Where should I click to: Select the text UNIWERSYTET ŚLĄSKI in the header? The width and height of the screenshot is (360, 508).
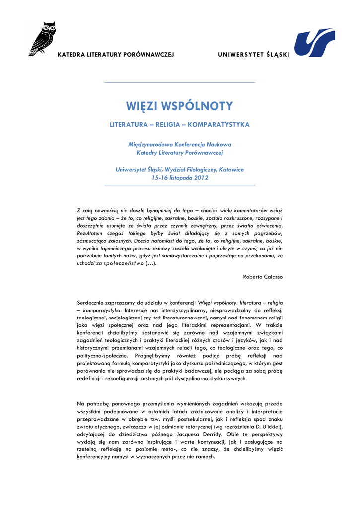click(x=253, y=54)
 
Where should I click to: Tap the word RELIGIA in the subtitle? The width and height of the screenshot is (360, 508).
click(x=169, y=124)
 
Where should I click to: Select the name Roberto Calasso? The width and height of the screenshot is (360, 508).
click(x=263, y=276)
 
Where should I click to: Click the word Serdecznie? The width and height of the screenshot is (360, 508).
click(x=92, y=302)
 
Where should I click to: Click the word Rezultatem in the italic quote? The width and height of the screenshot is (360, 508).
click(x=91, y=233)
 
